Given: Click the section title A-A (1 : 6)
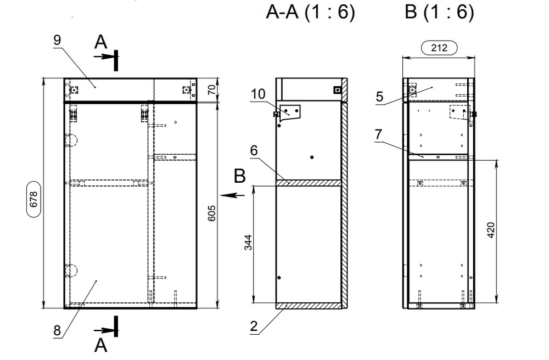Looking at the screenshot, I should [310, 13].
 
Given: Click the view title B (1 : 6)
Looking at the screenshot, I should [439, 13].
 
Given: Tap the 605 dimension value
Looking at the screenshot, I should [212, 212].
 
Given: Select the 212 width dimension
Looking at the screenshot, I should [440, 48].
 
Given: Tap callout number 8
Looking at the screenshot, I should [57, 330].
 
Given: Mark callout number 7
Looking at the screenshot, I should [379, 134].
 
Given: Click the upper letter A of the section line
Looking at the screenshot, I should [100, 42].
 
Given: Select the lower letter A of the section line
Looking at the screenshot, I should [101, 345].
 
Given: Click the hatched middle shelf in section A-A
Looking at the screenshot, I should [309, 183].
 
